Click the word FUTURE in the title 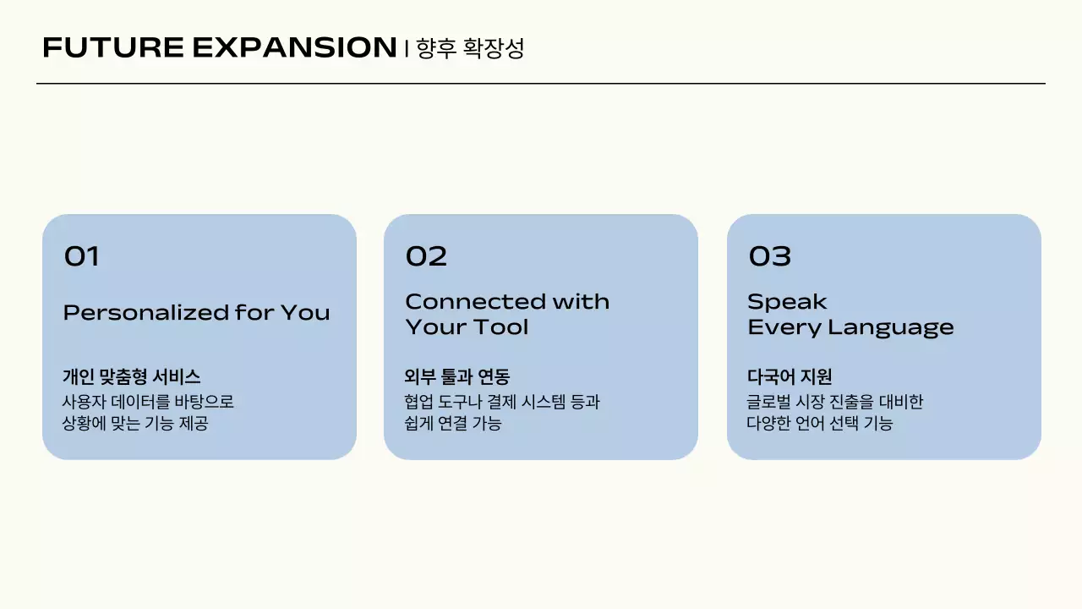tap(112, 48)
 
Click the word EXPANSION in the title tap(294, 48)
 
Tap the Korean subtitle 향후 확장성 tap(471, 48)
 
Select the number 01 tap(82, 256)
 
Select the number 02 tap(426, 256)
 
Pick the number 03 tap(769, 256)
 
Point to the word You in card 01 tap(305, 313)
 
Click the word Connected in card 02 tap(475, 302)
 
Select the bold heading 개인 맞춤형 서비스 tap(131, 377)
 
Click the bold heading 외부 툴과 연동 tap(457, 377)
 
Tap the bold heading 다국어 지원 tap(790, 377)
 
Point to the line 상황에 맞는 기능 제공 tap(135, 423)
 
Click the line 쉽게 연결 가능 tap(453, 423)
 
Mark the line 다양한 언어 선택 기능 tap(819, 423)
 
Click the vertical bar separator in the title tap(407, 49)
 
